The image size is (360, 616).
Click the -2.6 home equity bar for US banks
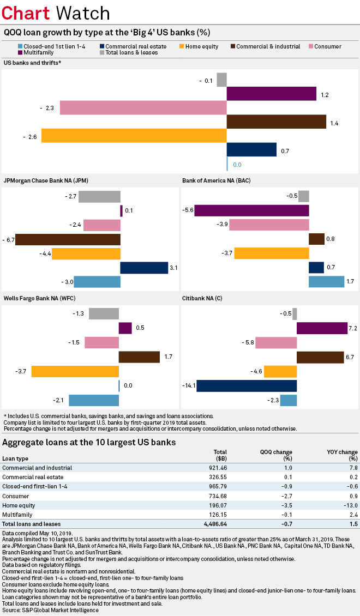tap(134, 135)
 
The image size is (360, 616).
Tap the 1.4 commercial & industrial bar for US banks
tap(276, 122)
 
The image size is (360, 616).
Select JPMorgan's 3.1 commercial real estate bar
tap(144, 267)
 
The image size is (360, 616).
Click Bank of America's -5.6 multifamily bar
tap(251, 210)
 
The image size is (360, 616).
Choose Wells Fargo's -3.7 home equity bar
tap(75, 371)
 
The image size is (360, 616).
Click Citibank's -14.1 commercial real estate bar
tap(247, 385)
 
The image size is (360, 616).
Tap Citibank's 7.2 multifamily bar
tap(322, 328)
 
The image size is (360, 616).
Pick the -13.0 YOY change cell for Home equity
tap(349, 505)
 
